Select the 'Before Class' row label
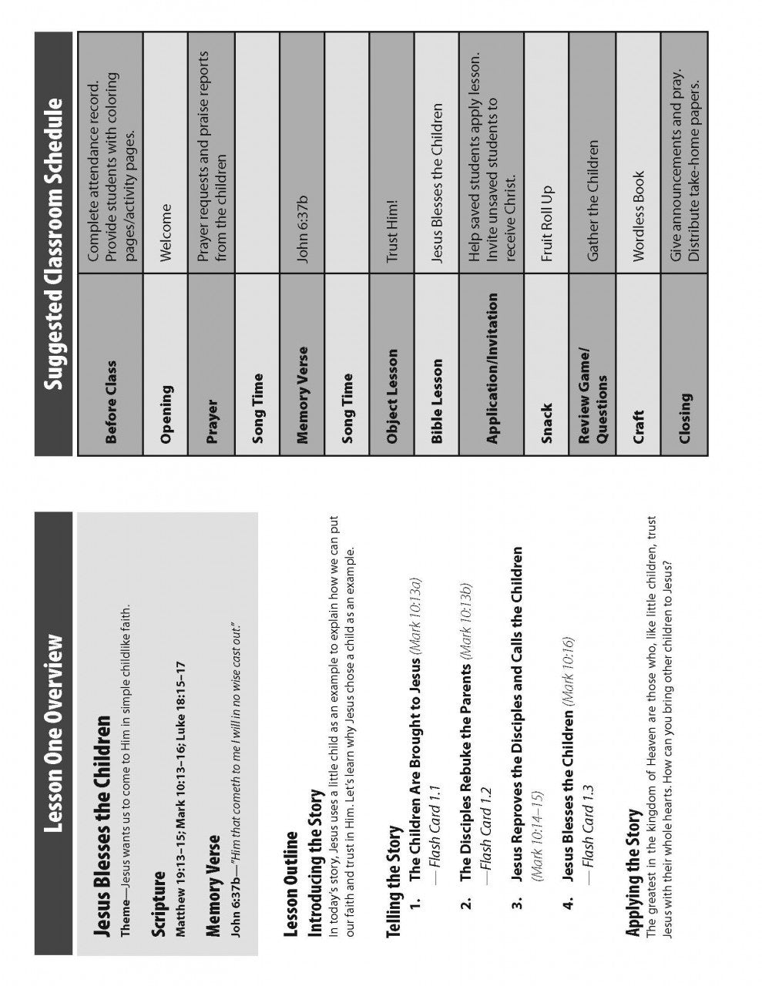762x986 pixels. click(112, 402)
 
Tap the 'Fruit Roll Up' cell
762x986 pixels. click(546, 223)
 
